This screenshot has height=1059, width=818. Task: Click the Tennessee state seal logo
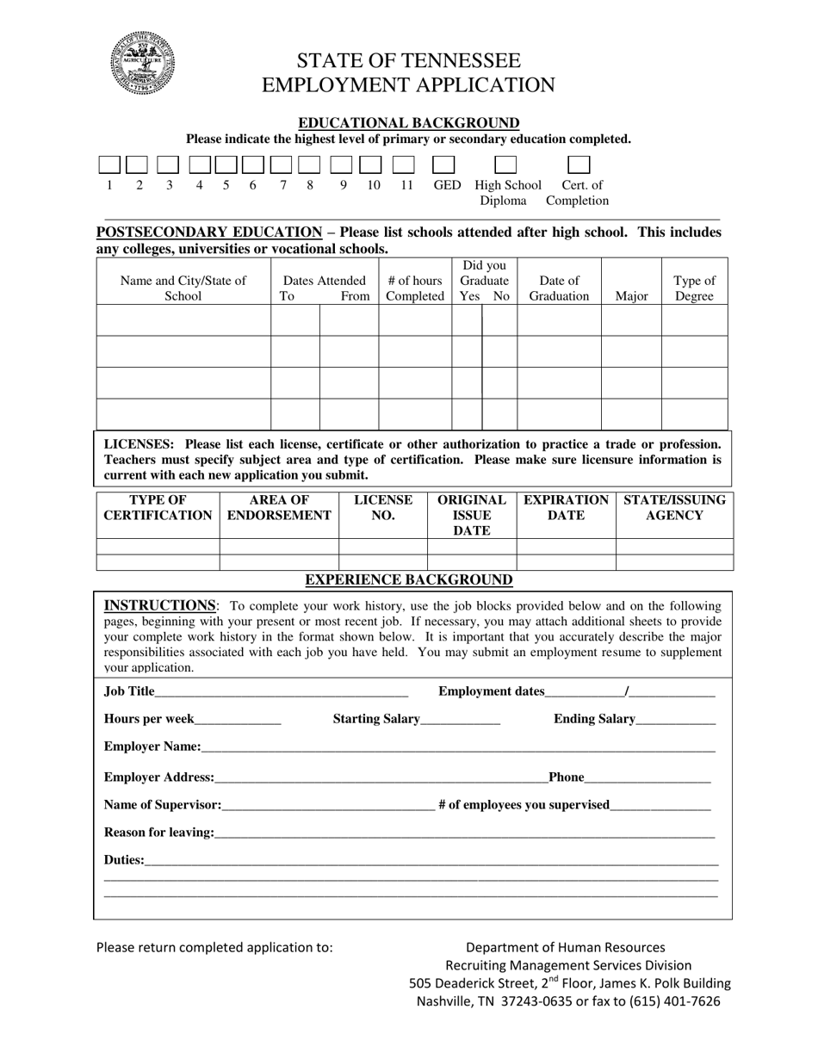pyautogui.click(x=143, y=64)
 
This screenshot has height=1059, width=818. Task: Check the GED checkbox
pyautogui.click(x=443, y=164)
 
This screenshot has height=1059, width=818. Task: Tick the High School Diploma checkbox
pyautogui.click(x=505, y=164)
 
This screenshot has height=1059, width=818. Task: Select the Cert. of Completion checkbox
pyautogui.click(x=579, y=164)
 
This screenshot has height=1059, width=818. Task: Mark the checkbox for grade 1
pyautogui.click(x=109, y=164)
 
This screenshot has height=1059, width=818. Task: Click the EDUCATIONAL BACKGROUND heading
pyautogui.click(x=408, y=123)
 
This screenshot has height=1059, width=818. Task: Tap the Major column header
pyautogui.click(x=631, y=296)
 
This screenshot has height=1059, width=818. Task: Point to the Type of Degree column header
pyautogui.click(x=694, y=288)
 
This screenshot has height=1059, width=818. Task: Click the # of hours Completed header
pyautogui.click(x=415, y=288)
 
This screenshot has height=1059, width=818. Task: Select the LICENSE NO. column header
pyautogui.click(x=383, y=508)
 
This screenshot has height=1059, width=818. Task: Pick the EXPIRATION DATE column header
pyautogui.click(x=566, y=508)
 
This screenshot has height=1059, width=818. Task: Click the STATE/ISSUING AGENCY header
pyautogui.click(x=674, y=508)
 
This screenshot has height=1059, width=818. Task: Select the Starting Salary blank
pyautogui.click(x=461, y=721)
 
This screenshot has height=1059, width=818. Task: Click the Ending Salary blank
pyautogui.click(x=676, y=721)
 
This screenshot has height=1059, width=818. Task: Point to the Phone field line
pyautogui.click(x=648, y=778)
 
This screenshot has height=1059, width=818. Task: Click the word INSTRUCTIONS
pyautogui.click(x=160, y=605)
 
